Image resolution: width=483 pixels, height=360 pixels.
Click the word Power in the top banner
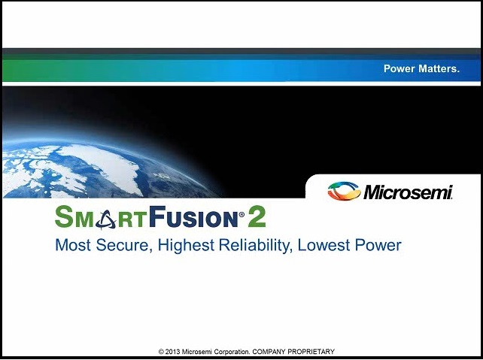(x=399, y=68)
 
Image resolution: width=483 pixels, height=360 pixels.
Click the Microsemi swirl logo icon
(x=344, y=191)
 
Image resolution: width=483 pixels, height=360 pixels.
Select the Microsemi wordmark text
(x=409, y=192)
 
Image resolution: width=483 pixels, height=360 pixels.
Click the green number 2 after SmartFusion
(x=257, y=216)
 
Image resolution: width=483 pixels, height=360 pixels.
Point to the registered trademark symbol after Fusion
(x=241, y=214)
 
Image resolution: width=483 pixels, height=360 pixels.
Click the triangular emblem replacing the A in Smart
(x=105, y=219)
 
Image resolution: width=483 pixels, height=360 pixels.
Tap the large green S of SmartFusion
(x=63, y=216)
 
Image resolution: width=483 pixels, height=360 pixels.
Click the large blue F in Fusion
(x=157, y=216)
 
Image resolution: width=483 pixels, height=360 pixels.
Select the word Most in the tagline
(x=73, y=245)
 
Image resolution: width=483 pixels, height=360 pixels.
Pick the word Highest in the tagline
(x=186, y=246)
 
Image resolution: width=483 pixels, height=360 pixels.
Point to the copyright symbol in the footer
(x=161, y=352)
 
